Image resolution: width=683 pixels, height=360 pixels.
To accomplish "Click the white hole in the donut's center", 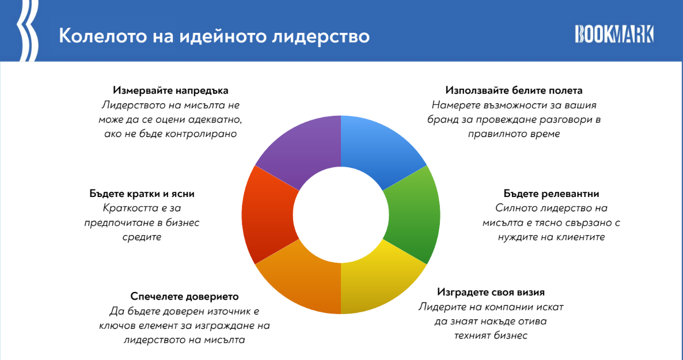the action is pyautogui.click(x=340, y=214).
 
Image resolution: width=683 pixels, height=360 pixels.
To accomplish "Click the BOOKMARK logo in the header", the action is pyautogui.click(x=614, y=34).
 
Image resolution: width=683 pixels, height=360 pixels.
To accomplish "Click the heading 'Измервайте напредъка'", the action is pyautogui.click(x=170, y=90).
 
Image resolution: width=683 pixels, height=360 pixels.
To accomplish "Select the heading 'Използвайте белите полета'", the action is pyautogui.click(x=514, y=90).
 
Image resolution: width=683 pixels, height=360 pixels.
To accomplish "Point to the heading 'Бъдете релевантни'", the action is pyautogui.click(x=552, y=194).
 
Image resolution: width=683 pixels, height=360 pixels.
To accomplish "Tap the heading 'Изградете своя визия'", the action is pyautogui.click(x=491, y=292).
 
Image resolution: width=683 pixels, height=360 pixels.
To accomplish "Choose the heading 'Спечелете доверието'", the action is pyautogui.click(x=185, y=297).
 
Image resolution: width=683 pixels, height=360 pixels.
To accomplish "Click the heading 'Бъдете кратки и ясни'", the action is pyautogui.click(x=142, y=194).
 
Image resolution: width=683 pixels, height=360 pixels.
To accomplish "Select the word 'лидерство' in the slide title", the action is pyautogui.click(x=321, y=36).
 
